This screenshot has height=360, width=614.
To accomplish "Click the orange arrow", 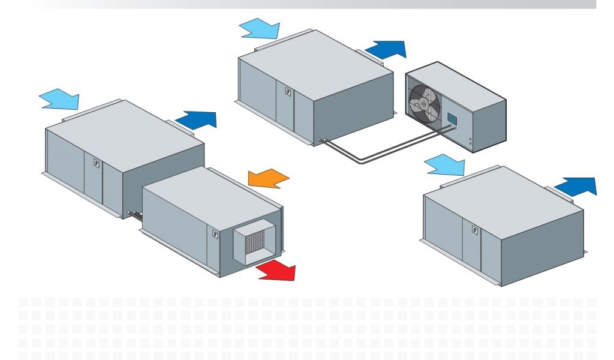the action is [269, 178].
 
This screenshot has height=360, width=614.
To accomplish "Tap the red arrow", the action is [277, 271].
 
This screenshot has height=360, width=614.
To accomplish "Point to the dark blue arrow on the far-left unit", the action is [195, 119].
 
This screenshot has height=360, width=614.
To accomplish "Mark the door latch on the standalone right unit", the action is [475, 229].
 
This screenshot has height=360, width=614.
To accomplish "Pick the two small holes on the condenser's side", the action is [470, 143].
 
